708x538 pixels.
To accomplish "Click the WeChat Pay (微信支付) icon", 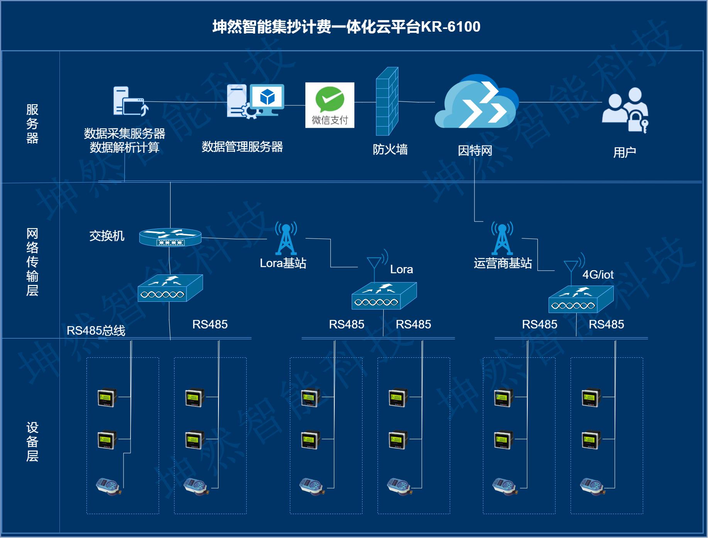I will pyautogui.click(x=330, y=105).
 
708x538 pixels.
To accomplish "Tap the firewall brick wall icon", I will pyautogui.click(x=387, y=102).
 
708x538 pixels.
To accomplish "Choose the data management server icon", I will pyautogui.click(x=255, y=101).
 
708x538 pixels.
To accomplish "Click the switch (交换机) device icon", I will pyautogui.click(x=170, y=237).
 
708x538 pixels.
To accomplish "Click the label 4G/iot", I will pyautogui.click(x=598, y=274).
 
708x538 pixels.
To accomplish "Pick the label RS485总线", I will pyautogui.click(x=96, y=331).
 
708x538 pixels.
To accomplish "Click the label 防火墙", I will pyautogui.click(x=390, y=149).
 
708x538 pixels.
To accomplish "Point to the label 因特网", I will pyautogui.click(x=475, y=151).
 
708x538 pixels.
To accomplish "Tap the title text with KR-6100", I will pyautogui.click(x=346, y=27).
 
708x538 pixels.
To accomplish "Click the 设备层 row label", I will pyautogui.click(x=32, y=442).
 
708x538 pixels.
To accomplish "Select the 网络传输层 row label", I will pyautogui.click(x=32, y=262).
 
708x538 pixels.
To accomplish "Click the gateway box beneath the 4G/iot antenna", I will pyautogui.click(x=581, y=299).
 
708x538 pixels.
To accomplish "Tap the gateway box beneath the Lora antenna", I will pyautogui.click(x=384, y=296).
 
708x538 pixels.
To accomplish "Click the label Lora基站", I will pyautogui.click(x=283, y=263).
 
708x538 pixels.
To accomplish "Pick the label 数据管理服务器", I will pyautogui.click(x=242, y=147).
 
